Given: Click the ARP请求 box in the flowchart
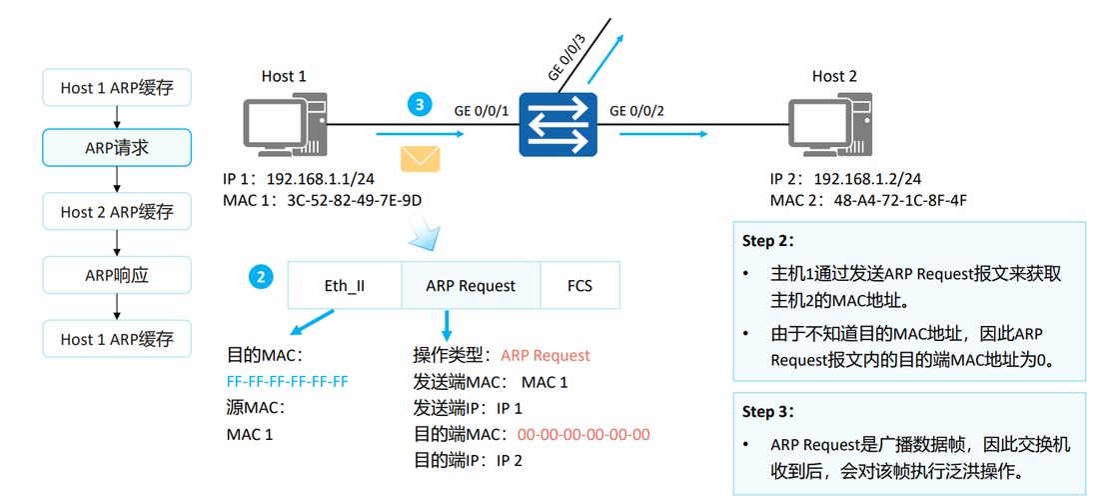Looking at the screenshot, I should pyautogui.click(x=117, y=149).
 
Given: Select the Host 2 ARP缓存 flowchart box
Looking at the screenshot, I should pyautogui.click(x=117, y=212).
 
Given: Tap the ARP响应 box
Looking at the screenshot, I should pyautogui.click(x=117, y=275).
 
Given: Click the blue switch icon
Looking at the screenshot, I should pyautogui.click(x=556, y=126).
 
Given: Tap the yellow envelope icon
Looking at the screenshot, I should pyautogui.click(x=421, y=160).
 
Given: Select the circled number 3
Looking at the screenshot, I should pyautogui.click(x=420, y=105).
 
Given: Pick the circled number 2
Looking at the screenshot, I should pyautogui.click(x=261, y=277).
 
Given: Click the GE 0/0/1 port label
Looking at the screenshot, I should pyautogui.click(x=482, y=110).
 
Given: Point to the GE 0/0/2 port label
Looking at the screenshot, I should pyautogui.click(x=636, y=110).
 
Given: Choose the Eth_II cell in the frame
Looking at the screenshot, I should pyautogui.click(x=344, y=285).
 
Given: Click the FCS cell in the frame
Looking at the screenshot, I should pyautogui.click(x=579, y=285).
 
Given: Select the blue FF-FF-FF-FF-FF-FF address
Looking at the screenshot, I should pyautogui.click(x=288, y=381).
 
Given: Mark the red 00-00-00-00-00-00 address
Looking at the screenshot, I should pyautogui.click(x=583, y=434).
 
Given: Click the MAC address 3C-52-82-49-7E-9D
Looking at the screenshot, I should pyautogui.click(x=355, y=200).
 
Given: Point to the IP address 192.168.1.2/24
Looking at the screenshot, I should pyautogui.click(x=867, y=179).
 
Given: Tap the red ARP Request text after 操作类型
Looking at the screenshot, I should pyautogui.click(x=546, y=355).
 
